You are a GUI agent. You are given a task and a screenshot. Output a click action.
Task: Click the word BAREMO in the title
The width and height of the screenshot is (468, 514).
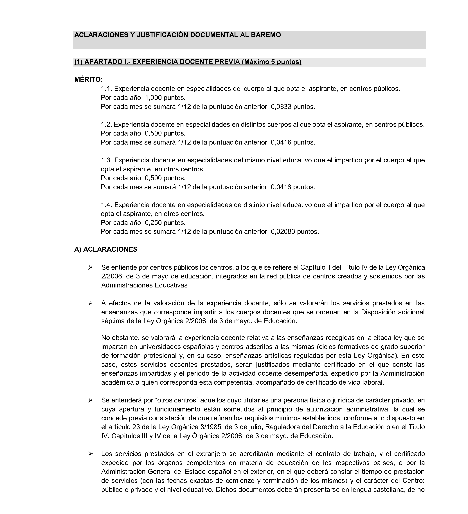click(x=266, y=35)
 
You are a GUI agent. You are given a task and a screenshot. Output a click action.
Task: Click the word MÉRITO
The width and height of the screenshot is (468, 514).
click(x=89, y=80)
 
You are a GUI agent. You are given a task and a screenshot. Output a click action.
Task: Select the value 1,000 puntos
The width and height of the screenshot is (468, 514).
click(x=165, y=98)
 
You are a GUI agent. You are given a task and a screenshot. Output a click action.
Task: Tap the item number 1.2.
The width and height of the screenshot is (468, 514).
click(x=106, y=124)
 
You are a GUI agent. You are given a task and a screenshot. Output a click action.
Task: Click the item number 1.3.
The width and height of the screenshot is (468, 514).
click(x=106, y=160)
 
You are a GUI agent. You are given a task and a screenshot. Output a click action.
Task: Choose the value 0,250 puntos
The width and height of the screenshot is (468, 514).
click(x=165, y=223)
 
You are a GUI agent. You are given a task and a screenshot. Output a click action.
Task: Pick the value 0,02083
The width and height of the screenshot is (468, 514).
click(x=283, y=232)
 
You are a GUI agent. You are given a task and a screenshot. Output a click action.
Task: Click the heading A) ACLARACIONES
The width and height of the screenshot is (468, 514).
click(x=106, y=249)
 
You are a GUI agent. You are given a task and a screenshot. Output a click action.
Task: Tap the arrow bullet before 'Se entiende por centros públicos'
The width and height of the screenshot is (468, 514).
click(x=90, y=267)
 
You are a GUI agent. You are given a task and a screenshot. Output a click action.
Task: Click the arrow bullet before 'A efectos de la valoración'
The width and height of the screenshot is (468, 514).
click(x=90, y=303)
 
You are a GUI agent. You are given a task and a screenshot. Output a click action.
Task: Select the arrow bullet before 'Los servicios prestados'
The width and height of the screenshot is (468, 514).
click(x=90, y=454)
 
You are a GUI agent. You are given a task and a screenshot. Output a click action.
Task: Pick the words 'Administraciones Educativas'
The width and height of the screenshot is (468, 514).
click(x=144, y=285)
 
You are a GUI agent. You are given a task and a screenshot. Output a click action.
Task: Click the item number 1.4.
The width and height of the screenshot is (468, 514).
click(x=106, y=205)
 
